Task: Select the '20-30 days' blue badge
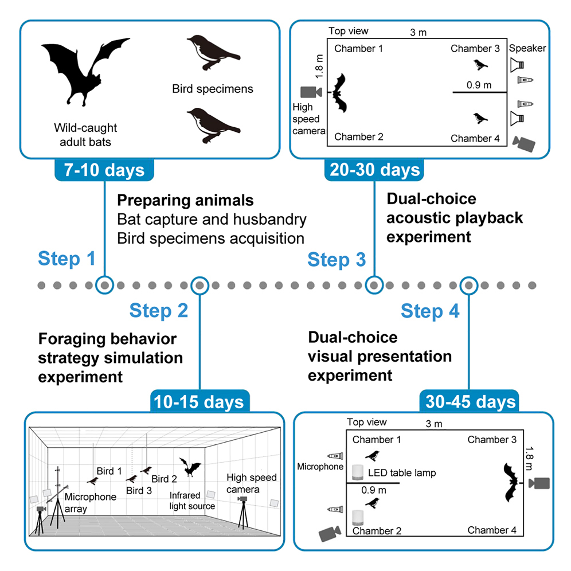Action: point(375,170)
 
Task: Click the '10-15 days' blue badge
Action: point(199,402)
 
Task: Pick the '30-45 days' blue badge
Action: point(469,402)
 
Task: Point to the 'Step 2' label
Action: point(158,311)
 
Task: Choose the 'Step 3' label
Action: point(337,259)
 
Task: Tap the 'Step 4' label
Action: point(430,311)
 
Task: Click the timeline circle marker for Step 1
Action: point(104,284)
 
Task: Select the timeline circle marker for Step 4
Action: point(469,284)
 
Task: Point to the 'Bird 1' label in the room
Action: point(109,471)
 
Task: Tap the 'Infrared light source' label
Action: point(192,500)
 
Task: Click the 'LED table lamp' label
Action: point(402,473)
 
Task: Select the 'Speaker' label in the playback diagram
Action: point(527,48)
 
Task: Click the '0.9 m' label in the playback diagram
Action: point(479,85)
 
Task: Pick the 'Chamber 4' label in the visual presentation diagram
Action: point(492,530)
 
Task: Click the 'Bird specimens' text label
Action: point(212,89)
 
